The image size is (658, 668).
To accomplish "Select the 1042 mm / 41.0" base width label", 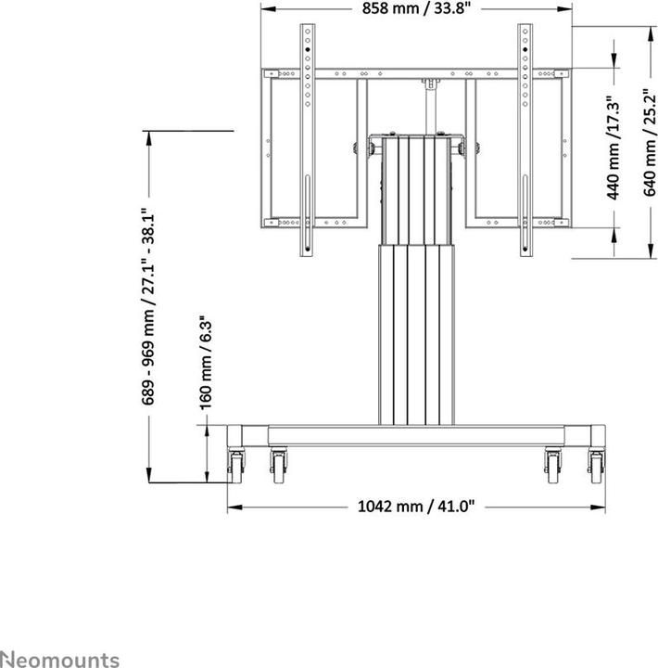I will pyautogui.click(x=416, y=507).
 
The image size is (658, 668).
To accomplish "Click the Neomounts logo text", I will pyautogui.click(x=59, y=659).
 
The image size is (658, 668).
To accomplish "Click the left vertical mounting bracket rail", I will pyautogui.click(x=305, y=139).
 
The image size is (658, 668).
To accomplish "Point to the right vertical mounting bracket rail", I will pyautogui.click(x=525, y=139).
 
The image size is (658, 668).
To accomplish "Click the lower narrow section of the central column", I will pyautogui.click(x=416, y=334).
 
